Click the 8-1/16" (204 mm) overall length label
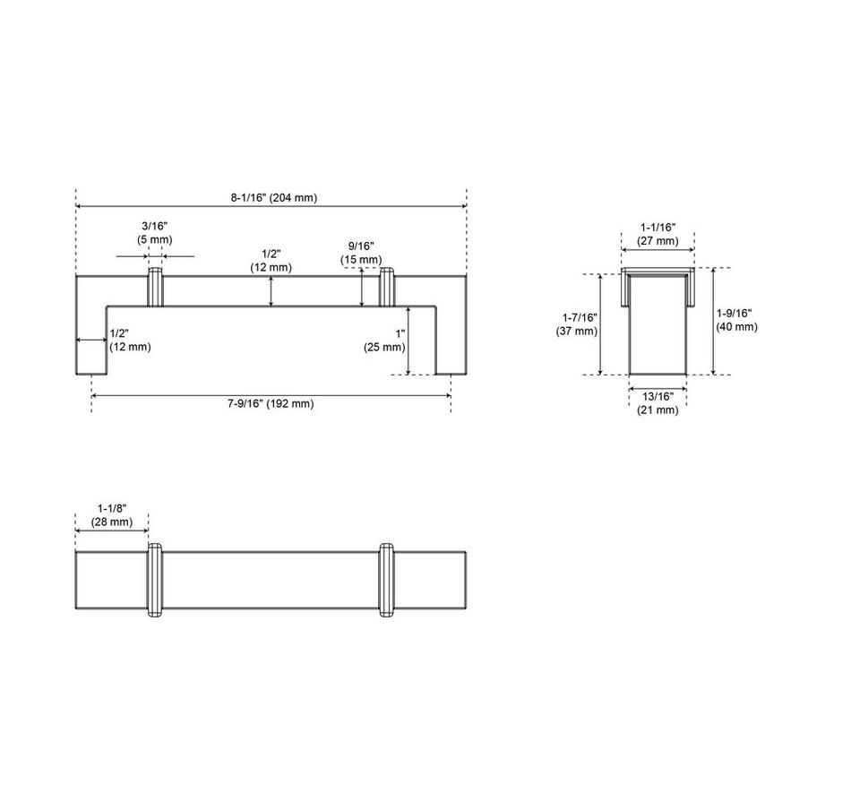(x=273, y=198)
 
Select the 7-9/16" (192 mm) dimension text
(x=271, y=403)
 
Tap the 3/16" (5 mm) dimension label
(x=155, y=233)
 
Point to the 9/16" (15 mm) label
(x=361, y=253)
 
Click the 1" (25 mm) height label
(x=384, y=341)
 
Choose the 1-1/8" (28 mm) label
(x=112, y=515)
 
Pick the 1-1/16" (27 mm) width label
(x=658, y=234)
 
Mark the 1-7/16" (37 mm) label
(x=576, y=324)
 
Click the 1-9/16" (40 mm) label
(x=736, y=320)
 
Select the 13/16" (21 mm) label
(x=658, y=403)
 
